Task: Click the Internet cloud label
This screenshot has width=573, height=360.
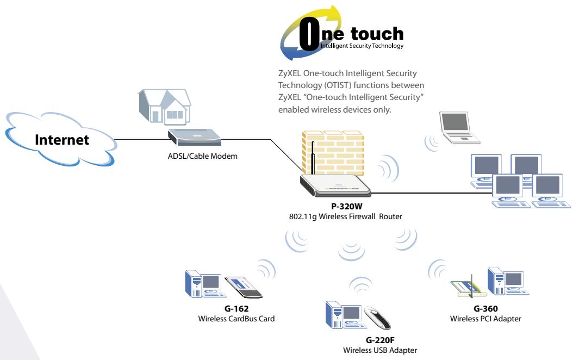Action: click(x=62, y=140)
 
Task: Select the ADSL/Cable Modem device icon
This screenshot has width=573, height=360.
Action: click(x=195, y=137)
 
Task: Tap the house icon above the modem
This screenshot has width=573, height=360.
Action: click(x=164, y=105)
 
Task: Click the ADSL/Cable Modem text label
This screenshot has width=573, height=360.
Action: click(x=202, y=156)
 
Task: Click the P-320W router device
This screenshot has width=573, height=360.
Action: click(x=335, y=185)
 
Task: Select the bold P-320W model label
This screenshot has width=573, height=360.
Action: click(x=346, y=206)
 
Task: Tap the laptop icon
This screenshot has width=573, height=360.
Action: click(x=459, y=128)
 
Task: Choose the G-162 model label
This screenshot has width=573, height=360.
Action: click(x=236, y=308)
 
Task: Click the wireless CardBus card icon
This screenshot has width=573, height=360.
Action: click(x=244, y=287)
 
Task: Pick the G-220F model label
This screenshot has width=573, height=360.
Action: click(x=380, y=340)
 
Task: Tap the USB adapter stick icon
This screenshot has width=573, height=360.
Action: click(x=377, y=318)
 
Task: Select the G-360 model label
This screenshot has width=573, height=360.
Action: click(x=485, y=308)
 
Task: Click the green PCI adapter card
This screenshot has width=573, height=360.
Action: click(x=469, y=287)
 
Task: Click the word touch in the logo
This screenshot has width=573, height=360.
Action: click(x=377, y=34)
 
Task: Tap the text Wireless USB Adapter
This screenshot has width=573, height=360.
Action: click(x=380, y=350)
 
